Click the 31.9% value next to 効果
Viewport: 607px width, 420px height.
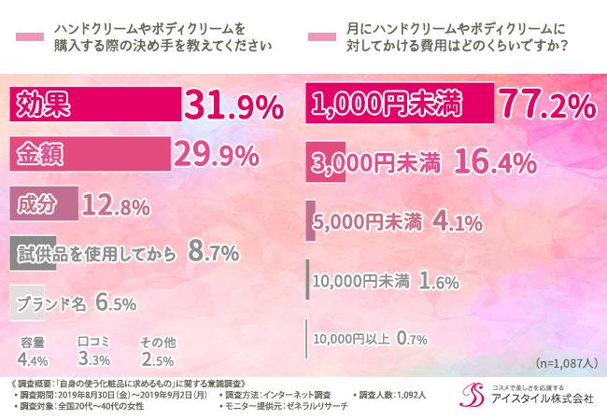[233, 105]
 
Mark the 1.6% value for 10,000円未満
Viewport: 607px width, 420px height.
[431, 278]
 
